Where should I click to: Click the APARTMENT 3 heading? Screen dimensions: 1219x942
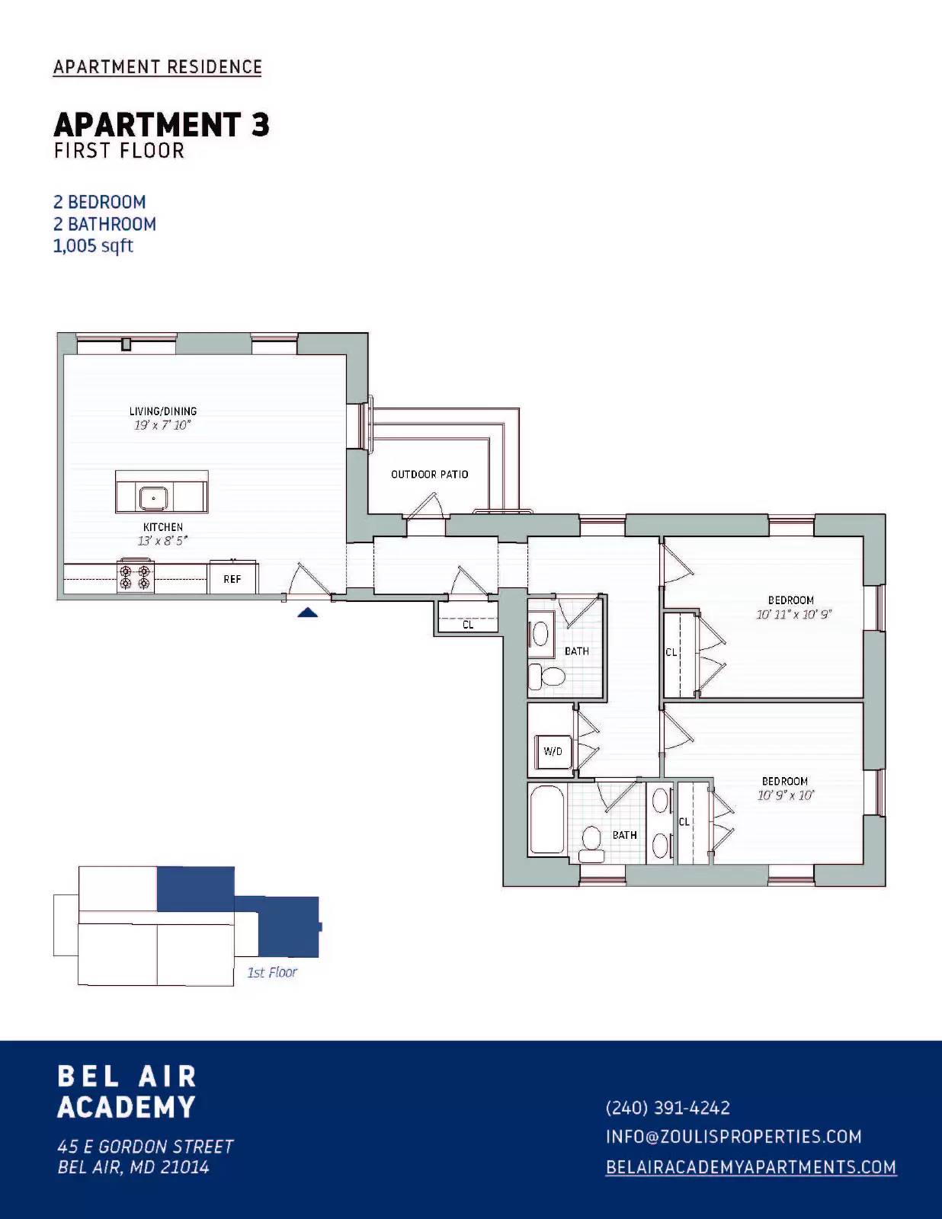(161, 125)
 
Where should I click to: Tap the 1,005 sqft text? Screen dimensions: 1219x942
(93, 246)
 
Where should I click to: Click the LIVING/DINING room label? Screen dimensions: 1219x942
(162, 411)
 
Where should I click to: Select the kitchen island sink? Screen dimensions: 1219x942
(154, 498)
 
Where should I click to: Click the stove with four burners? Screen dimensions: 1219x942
(135, 576)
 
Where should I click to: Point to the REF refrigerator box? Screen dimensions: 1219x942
(232, 579)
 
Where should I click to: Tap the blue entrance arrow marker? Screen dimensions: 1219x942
(307, 612)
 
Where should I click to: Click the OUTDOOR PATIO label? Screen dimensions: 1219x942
(429, 475)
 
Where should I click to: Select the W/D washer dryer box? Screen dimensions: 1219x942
(553, 752)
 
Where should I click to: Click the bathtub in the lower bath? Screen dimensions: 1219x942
(546, 821)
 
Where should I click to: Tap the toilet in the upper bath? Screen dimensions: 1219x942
(547, 675)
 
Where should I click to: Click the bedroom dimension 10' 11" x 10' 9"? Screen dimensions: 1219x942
(793, 615)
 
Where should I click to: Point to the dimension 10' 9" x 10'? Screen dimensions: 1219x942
(786, 795)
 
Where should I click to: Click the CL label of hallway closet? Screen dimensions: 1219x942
(468, 625)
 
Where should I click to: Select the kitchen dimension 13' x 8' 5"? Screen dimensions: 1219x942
(162, 541)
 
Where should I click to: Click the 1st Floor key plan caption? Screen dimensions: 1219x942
(272, 972)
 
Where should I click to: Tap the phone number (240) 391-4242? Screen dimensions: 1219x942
(668, 1108)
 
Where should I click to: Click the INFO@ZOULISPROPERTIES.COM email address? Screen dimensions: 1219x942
(733, 1137)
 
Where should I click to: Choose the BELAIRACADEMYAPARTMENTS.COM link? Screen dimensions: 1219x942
(751, 1167)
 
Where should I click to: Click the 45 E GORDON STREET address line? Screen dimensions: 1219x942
(146, 1147)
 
